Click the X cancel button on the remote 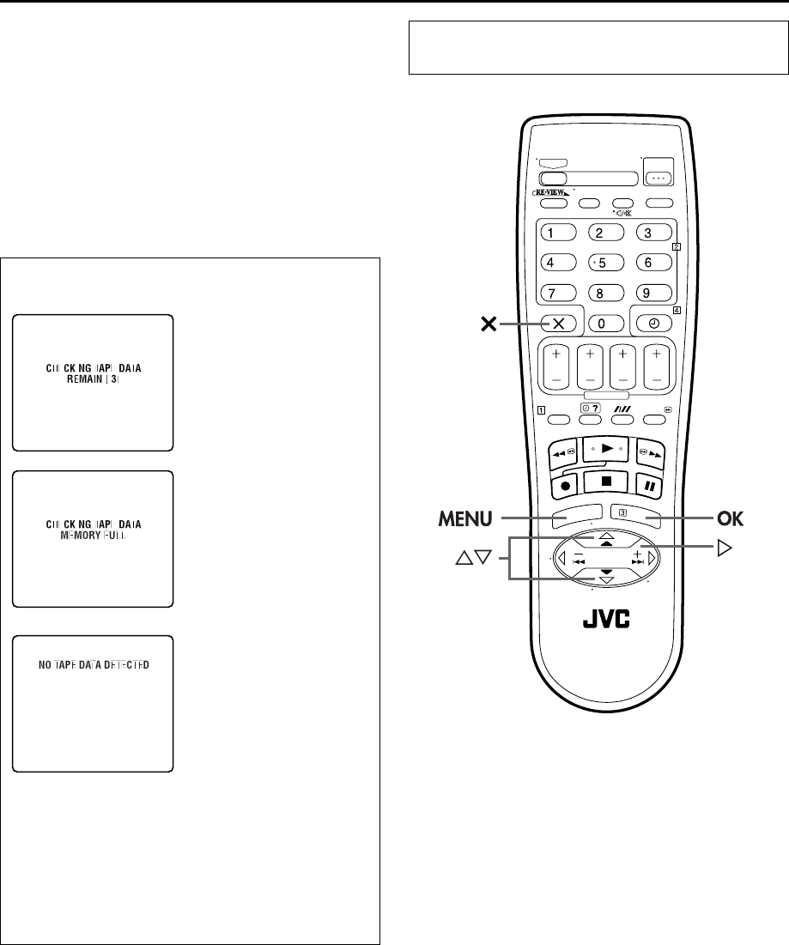click(x=558, y=324)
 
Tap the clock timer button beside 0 click(x=654, y=324)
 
